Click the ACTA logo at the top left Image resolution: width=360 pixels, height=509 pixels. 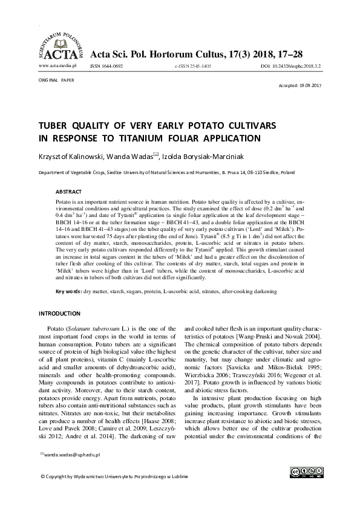coord(59,44)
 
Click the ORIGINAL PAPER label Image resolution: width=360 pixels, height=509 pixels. coord(56,79)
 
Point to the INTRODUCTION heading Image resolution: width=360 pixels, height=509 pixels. coord(59,313)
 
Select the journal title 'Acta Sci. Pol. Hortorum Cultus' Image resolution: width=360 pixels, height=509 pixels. coord(165,54)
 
